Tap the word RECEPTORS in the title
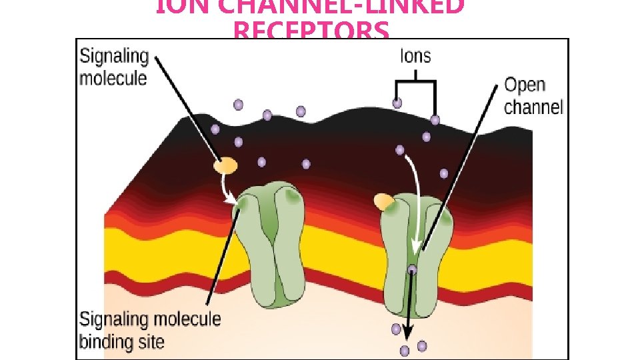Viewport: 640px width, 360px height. pyautogui.click(x=311, y=31)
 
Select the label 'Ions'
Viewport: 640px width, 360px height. pyautogui.click(x=415, y=56)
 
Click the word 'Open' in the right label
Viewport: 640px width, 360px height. pyautogui.click(x=525, y=85)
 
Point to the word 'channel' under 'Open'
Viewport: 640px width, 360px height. pyautogui.click(x=533, y=107)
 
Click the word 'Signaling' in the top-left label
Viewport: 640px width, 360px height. pyautogui.click(x=114, y=57)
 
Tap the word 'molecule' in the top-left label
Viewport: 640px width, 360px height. pyautogui.click(x=113, y=78)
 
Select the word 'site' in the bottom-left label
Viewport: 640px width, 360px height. pyautogui.click(x=152, y=342)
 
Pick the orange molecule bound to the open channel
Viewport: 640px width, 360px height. pyautogui.click(x=384, y=201)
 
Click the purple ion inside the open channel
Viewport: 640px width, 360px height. pyautogui.click(x=412, y=270)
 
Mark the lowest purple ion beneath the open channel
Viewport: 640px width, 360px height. pyautogui.click(x=404, y=350)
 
